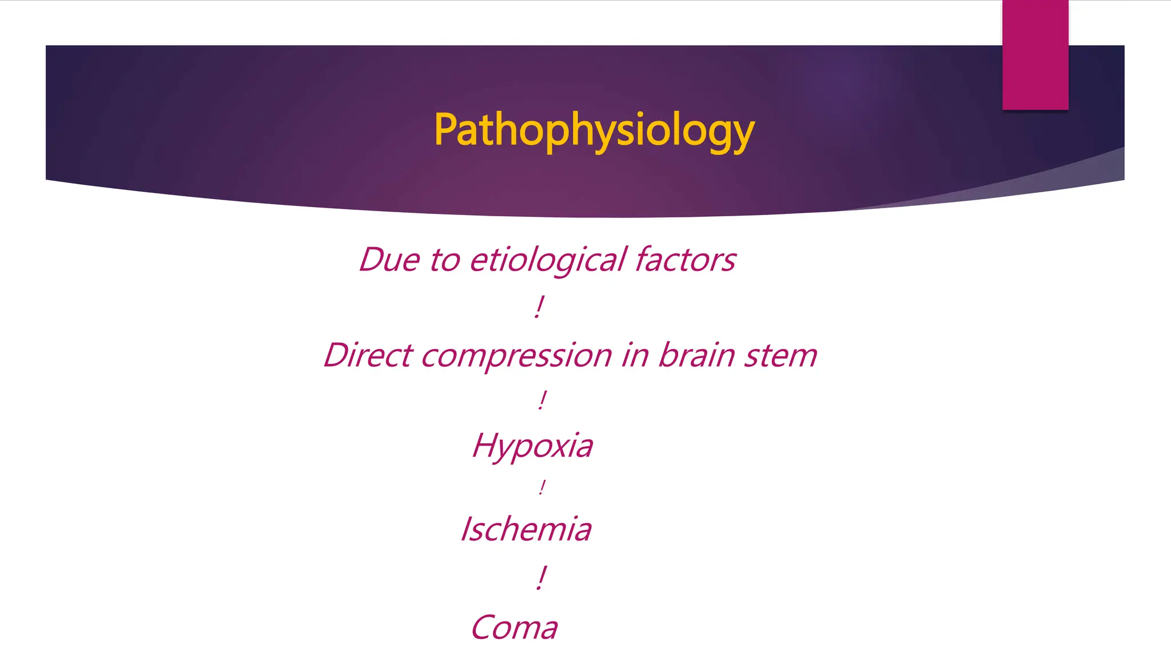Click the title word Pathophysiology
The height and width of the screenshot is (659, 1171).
coord(594,130)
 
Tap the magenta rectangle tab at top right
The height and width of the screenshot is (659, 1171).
coord(1035,55)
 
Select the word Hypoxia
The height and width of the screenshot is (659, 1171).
coord(532,446)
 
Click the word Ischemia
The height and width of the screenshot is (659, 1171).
coord(526,529)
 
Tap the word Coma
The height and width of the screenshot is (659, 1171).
coord(514,628)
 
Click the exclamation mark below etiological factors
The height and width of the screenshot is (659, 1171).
coord(539,307)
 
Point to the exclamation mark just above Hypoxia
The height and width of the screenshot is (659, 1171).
coord(542,399)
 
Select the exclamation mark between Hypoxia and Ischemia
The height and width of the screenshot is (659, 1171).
coord(541,487)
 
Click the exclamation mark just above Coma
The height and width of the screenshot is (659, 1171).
coord(541,578)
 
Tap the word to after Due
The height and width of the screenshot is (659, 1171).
coord(444,260)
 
